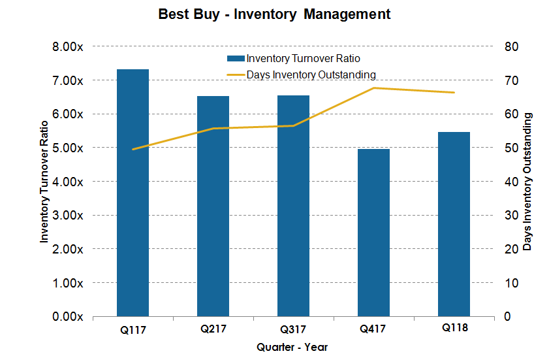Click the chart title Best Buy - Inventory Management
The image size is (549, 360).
tap(274, 14)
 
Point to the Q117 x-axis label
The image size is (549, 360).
tap(133, 330)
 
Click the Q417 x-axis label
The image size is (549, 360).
tap(373, 329)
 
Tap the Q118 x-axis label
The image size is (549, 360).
tap(454, 327)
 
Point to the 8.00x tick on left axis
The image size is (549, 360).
tap(67, 46)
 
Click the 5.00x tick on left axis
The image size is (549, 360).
tap(67, 148)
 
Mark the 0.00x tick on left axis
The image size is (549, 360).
tap(67, 317)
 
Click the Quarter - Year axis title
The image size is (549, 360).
tap(292, 347)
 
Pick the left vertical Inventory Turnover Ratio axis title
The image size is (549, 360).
tap(44, 182)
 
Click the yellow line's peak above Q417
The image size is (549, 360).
tap(373, 88)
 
